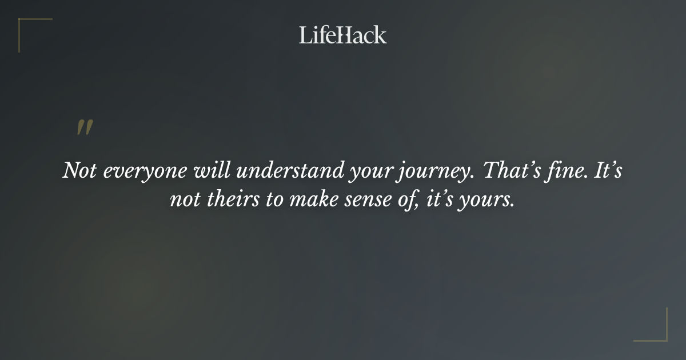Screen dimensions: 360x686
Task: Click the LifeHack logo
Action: pos(342,35)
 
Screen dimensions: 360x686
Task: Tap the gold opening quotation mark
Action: pos(84,127)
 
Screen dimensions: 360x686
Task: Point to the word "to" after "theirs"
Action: pos(272,201)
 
